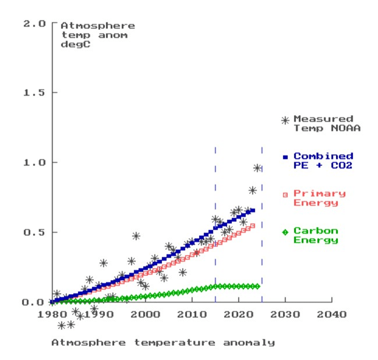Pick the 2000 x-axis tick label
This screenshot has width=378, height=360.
[145, 315]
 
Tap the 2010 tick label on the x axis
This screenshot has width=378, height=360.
[192, 315]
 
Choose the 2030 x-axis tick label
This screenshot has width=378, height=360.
[285, 315]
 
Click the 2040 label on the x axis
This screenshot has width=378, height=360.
[332, 315]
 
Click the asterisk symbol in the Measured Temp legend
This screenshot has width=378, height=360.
[285, 120]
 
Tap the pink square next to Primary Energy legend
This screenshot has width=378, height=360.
[285, 195]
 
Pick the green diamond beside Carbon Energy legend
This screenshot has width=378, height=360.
[285, 232]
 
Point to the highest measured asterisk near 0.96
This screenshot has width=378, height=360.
[257, 168]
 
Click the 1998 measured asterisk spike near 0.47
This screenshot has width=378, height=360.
[136, 236]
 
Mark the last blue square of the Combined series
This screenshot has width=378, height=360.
[253, 211]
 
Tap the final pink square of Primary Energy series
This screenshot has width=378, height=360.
[253, 226]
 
